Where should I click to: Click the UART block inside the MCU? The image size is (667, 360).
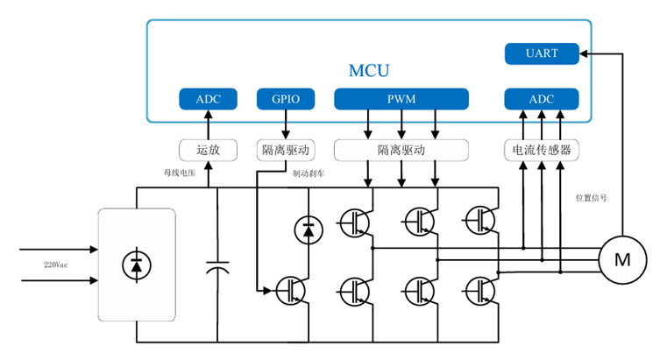click(542, 54)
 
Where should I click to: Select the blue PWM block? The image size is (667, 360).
click(401, 99)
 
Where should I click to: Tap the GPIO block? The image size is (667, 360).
click(285, 99)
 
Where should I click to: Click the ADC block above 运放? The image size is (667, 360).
click(208, 99)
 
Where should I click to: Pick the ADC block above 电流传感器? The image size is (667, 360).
click(542, 99)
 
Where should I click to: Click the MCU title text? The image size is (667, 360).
click(369, 70)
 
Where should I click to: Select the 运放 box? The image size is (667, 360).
click(208, 150)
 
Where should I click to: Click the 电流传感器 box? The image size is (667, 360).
click(542, 150)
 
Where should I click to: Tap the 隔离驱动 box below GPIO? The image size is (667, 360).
click(285, 150)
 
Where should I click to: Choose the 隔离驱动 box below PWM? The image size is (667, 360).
click(401, 150)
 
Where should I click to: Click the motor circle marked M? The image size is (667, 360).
click(622, 259)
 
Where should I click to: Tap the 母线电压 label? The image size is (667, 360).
click(181, 173)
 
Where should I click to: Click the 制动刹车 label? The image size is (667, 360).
click(309, 173)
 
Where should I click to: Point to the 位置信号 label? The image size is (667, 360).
click(591, 198)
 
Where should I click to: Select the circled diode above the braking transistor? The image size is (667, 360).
click(307, 230)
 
